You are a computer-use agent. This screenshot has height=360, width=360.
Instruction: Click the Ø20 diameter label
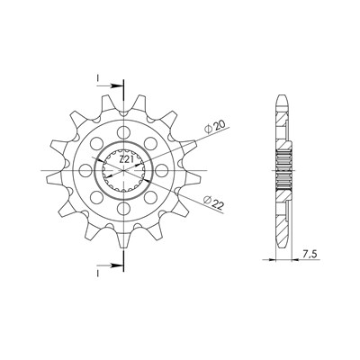[215, 127]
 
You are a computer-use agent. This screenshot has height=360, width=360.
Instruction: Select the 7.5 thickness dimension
[310, 255]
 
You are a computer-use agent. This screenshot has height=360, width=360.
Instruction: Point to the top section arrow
[110, 85]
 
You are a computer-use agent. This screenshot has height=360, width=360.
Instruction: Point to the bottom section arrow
[110, 265]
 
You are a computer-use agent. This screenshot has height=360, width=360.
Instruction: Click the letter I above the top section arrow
[97, 78]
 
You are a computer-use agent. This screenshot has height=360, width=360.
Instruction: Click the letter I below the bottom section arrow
[97, 274]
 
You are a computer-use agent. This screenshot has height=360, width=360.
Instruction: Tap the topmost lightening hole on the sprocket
[123, 132]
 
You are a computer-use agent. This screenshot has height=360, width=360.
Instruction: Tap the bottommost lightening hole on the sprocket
[123, 209]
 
